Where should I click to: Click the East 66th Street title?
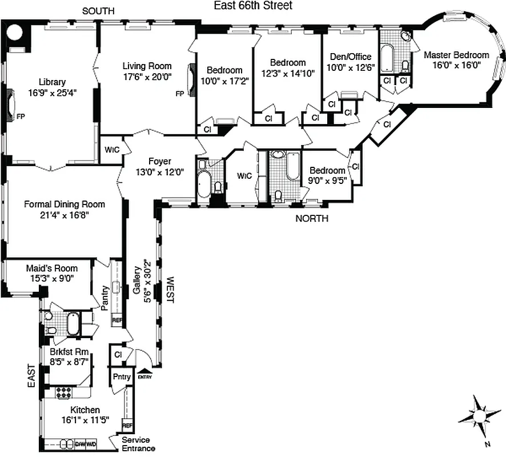coord(253,6)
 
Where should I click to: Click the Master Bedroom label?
coord(456,55)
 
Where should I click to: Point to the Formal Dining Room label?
coord(64,204)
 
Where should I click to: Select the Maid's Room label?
coord(51,268)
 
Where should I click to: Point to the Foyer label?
coord(159,162)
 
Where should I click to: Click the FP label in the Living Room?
coord(179,94)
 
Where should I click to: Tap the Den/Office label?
coord(351,57)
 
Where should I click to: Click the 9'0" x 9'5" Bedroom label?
coord(327,170)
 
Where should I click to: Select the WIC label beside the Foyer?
coord(111,150)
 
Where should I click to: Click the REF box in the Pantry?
coord(117,321)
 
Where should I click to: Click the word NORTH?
coord(311,218)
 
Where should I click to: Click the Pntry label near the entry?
coord(121,376)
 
